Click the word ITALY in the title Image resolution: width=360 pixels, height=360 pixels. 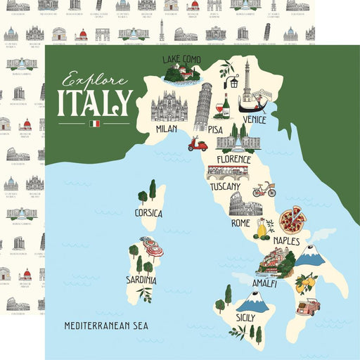pos(94,102)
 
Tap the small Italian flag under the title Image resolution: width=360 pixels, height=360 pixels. pos(95,124)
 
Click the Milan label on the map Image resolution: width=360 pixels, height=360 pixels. pos(166,129)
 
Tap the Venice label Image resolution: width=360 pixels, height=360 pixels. pos(254,120)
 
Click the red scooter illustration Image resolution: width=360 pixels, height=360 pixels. pos(198,144)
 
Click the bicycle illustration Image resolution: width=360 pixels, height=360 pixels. pos(264,189)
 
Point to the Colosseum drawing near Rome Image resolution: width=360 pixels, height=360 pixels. pos(245,204)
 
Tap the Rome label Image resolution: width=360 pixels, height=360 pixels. pos(240,223)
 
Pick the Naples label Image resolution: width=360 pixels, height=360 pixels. pos(286,241)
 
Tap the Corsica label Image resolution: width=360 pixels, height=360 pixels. pos(148,212)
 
